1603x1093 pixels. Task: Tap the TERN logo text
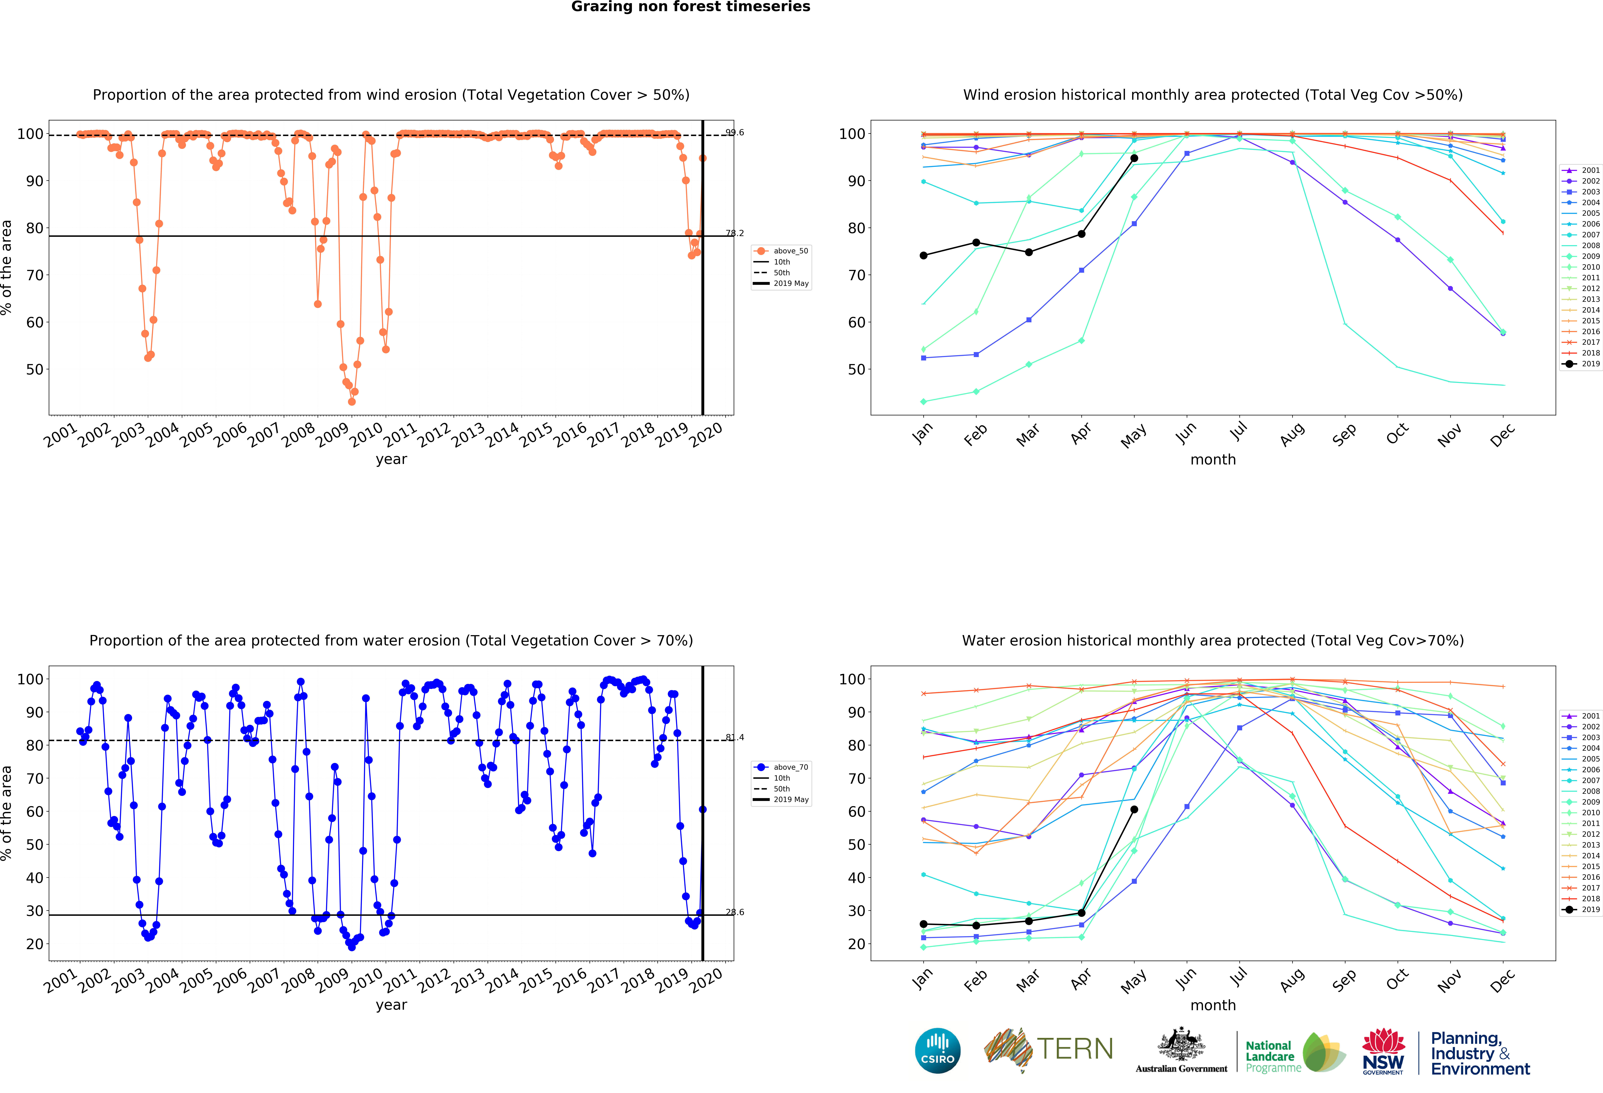1075,1049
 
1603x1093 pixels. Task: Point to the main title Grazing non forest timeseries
690,7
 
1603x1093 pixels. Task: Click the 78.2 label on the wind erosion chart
735,233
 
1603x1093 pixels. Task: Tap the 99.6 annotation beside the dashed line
735,132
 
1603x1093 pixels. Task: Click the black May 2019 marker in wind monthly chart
1134,158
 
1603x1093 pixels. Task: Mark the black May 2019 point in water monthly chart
1134,809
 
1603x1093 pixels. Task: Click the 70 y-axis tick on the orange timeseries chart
35,275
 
